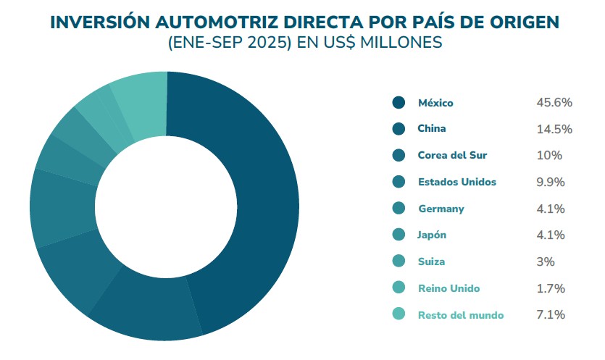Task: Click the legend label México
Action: (x=435, y=103)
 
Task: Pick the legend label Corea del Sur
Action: (x=452, y=156)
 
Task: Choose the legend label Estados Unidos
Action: (x=456, y=182)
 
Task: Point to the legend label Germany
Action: (x=441, y=209)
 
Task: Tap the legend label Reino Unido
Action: (x=448, y=288)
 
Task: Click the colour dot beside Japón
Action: (x=399, y=235)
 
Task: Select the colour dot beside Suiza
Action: (x=399, y=261)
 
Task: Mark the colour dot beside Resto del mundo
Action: (x=399, y=314)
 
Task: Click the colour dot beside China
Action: (x=399, y=129)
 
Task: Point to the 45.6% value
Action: (x=554, y=103)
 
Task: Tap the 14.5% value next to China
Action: (x=554, y=129)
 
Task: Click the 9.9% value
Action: (x=551, y=182)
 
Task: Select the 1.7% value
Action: (x=550, y=288)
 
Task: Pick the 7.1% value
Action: (x=550, y=314)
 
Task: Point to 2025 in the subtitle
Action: (x=262, y=43)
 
